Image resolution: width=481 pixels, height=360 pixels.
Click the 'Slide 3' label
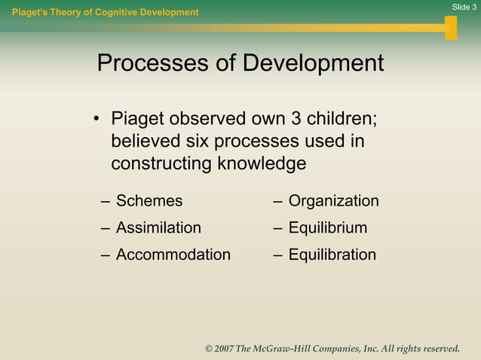tap(464, 7)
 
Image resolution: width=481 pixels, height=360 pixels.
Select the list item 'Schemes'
tap(149, 201)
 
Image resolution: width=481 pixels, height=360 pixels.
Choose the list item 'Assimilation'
tap(158, 227)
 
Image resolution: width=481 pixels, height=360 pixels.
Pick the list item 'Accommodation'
tap(173, 255)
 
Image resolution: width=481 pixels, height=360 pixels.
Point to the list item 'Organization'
tap(333, 201)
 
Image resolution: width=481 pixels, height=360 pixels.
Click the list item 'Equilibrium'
tap(327, 227)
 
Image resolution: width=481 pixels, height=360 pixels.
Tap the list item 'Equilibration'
tap(332, 255)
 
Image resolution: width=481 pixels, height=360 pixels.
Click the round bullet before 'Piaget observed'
tap(97, 120)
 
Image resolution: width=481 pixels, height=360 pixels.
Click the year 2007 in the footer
tap(223, 349)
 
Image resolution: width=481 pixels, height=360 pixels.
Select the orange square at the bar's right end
tap(451, 28)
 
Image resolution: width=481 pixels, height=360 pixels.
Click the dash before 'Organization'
tap(278, 201)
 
